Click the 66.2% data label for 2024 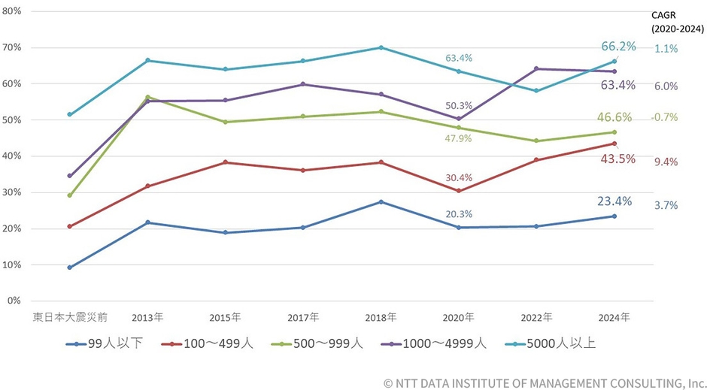[618, 46]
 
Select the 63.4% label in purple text [617, 85]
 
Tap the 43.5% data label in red [617, 159]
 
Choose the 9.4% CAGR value [666, 161]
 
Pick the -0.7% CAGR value [666, 117]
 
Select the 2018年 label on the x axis [381, 317]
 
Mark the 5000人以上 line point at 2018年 [381, 47]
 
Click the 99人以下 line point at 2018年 [381, 202]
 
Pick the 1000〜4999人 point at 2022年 [536, 69]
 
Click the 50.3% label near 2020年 [459, 106]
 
